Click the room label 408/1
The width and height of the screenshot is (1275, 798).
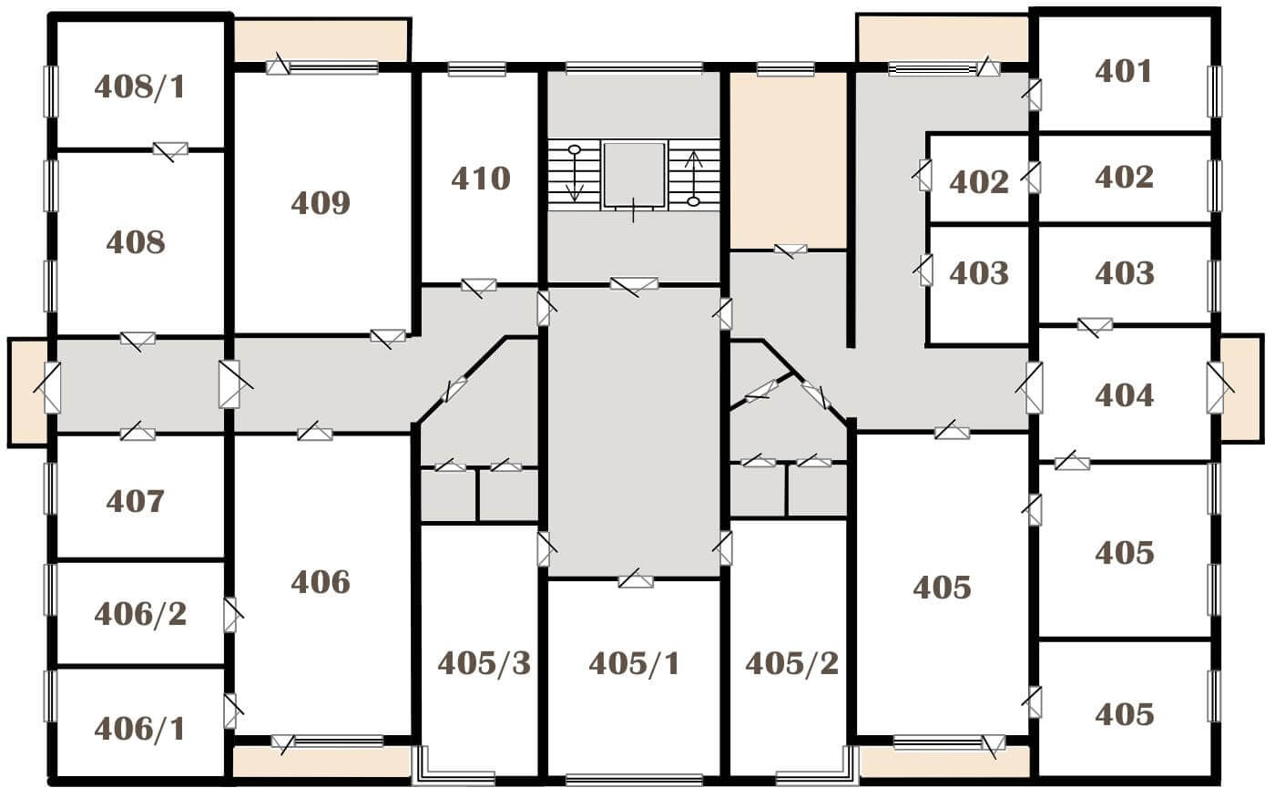coord(140,87)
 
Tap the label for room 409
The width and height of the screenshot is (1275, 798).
coord(321,202)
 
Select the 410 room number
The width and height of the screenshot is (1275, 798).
coord(481,179)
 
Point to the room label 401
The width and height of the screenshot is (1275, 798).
coord(1124,72)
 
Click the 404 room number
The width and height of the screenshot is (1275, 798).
coord(1124,395)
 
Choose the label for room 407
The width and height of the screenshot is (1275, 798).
coord(136,501)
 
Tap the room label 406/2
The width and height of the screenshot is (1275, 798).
coord(140,614)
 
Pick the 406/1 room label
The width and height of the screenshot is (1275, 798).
coord(140,729)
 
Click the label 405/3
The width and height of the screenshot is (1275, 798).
coord(484,663)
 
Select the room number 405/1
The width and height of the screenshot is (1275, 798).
coord(635,663)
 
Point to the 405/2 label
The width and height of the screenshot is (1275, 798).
coord(792,663)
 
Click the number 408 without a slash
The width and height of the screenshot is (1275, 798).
coord(136,242)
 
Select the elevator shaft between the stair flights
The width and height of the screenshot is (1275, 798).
coord(634,175)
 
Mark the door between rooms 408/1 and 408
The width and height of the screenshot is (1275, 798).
coord(170,150)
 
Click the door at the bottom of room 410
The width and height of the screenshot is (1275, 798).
coord(479,286)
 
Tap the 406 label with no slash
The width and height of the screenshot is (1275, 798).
coord(321,582)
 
